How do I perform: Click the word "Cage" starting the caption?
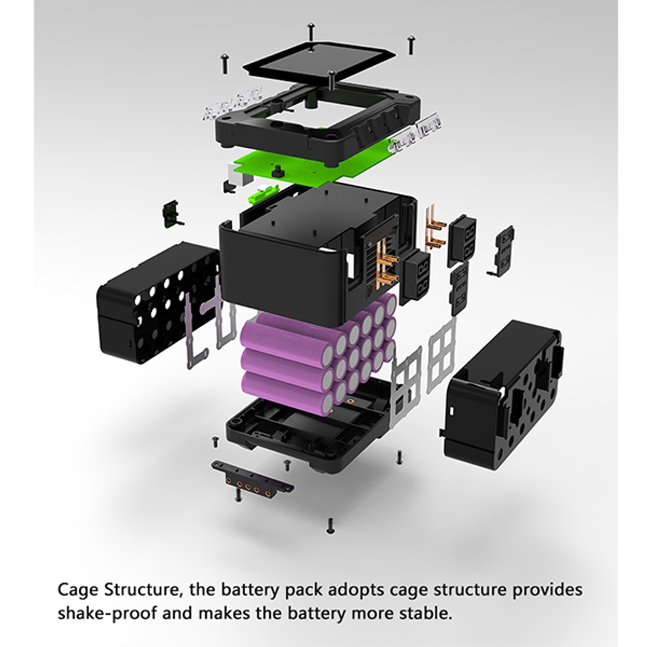tap(78, 590)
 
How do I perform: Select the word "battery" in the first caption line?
tap(250, 590)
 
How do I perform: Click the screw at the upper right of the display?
tap(411, 45)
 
